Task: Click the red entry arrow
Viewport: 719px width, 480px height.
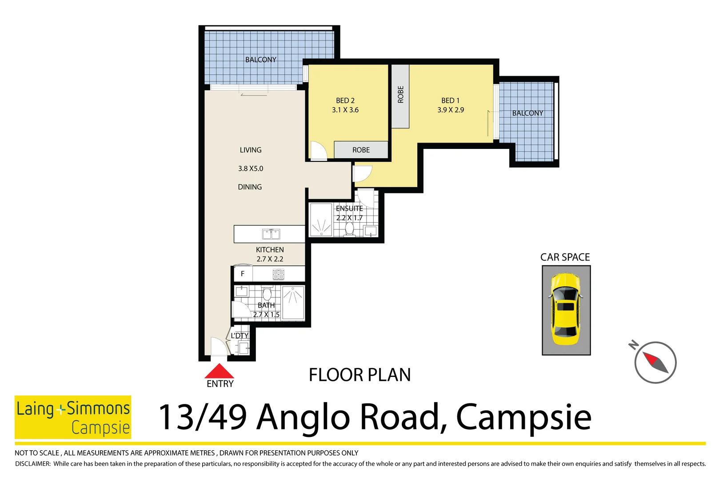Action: [x=219, y=372]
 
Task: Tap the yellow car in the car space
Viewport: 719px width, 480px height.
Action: [x=566, y=309]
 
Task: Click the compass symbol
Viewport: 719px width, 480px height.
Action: [x=655, y=362]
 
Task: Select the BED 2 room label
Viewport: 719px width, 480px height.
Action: [x=345, y=101]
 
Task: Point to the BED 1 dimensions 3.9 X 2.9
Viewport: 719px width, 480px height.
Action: [x=451, y=110]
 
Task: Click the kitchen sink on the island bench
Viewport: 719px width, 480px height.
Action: [x=271, y=234]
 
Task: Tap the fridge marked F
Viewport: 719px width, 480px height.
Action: [x=243, y=274]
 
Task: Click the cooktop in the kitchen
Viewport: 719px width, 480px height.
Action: [x=279, y=274]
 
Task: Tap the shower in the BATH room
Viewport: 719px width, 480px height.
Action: [x=293, y=303]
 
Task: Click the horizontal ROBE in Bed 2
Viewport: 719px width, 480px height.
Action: [x=361, y=150]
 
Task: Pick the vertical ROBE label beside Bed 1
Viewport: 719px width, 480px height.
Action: [x=400, y=95]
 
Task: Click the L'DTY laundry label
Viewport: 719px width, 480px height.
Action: [x=240, y=336]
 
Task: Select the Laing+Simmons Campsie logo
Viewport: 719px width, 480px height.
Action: [x=73, y=417]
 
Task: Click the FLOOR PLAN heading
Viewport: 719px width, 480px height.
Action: [x=359, y=375]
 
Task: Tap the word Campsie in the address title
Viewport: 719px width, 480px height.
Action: [x=523, y=417]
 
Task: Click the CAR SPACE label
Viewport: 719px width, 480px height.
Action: [x=565, y=257]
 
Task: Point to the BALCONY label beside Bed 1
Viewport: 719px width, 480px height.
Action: [x=527, y=113]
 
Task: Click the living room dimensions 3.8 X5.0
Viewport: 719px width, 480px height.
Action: [x=251, y=169]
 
